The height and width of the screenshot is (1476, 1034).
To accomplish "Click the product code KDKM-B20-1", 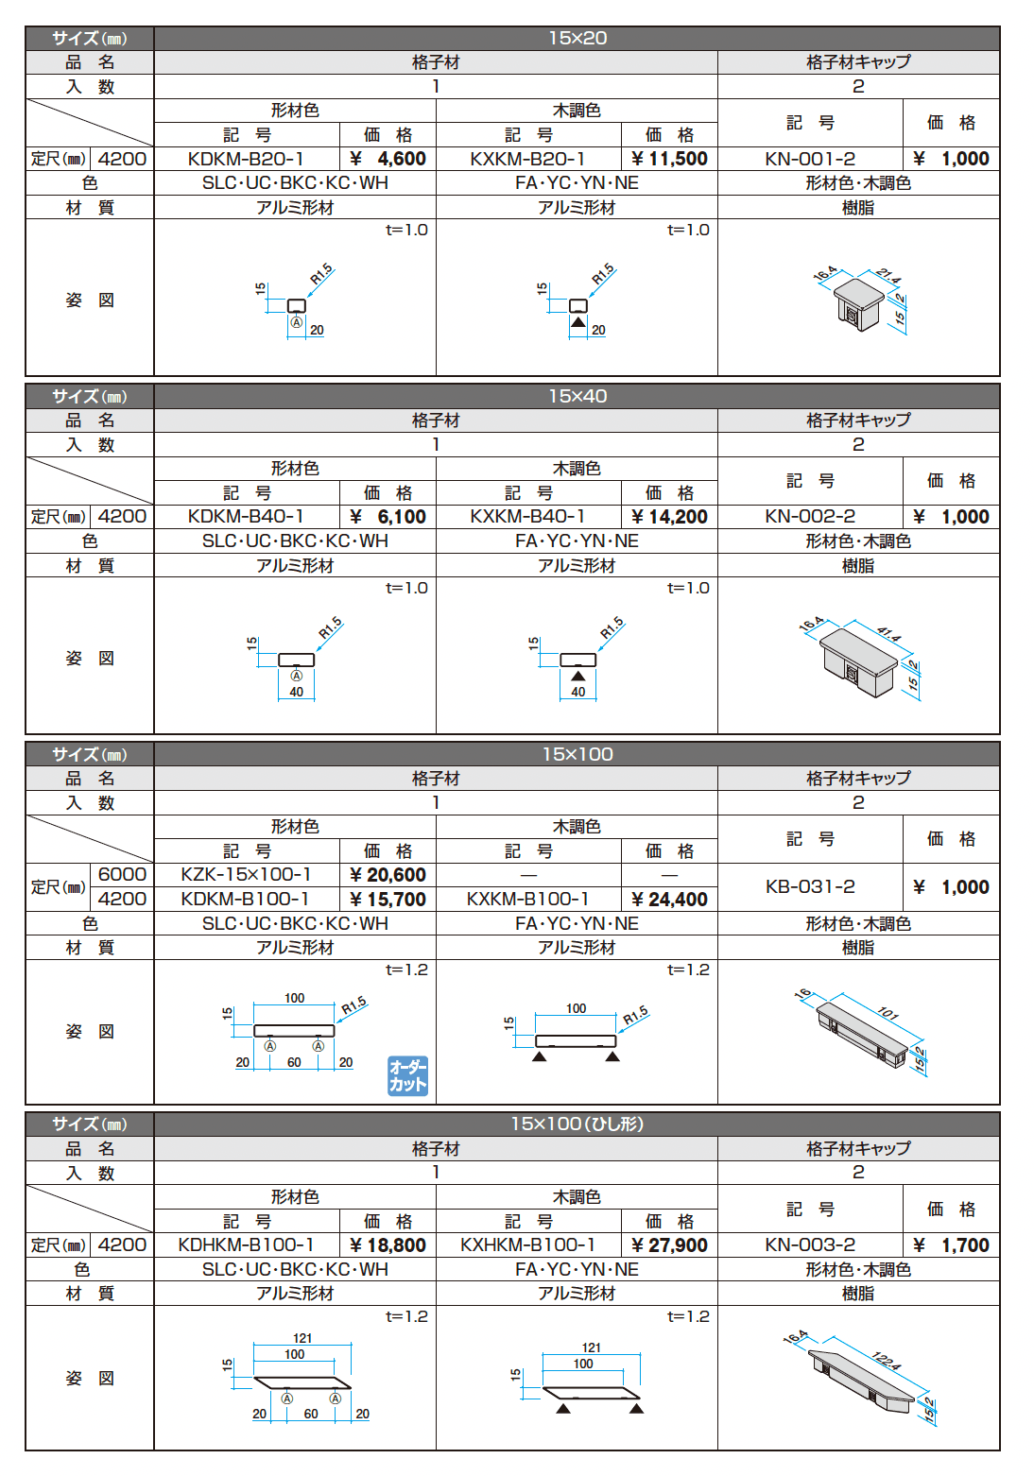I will click(x=246, y=159).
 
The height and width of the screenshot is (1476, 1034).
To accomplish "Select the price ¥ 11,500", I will click(x=669, y=159).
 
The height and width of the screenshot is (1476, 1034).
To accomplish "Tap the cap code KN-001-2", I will click(x=810, y=159).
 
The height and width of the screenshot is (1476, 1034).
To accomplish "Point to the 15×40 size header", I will click(x=577, y=396).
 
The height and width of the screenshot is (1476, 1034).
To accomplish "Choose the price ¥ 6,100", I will click(x=388, y=517).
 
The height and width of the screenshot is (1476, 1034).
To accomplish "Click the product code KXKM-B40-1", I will click(x=527, y=517).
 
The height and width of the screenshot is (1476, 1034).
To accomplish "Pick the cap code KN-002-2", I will click(x=810, y=517).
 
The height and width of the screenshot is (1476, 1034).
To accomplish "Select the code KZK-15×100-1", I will click(x=246, y=875).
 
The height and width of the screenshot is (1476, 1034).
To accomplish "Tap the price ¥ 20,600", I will click(x=388, y=875).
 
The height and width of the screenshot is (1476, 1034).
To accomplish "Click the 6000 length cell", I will click(x=122, y=875).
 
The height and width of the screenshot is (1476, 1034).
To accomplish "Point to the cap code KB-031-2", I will click(x=810, y=887).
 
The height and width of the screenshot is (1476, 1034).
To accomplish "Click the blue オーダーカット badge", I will click(x=407, y=1076).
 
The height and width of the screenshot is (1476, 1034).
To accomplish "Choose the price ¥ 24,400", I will click(x=669, y=900).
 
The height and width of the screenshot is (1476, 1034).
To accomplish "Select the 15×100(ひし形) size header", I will click(x=577, y=1124).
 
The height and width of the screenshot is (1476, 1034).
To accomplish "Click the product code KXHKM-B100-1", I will click(x=527, y=1245).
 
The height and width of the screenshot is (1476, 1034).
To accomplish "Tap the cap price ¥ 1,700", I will click(x=951, y=1245).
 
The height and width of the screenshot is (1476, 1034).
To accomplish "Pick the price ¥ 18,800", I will click(x=388, y=1245).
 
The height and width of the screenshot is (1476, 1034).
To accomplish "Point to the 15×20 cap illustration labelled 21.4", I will click(x=860, y=300).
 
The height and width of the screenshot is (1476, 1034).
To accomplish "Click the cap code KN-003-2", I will click(x=810, y=1245).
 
